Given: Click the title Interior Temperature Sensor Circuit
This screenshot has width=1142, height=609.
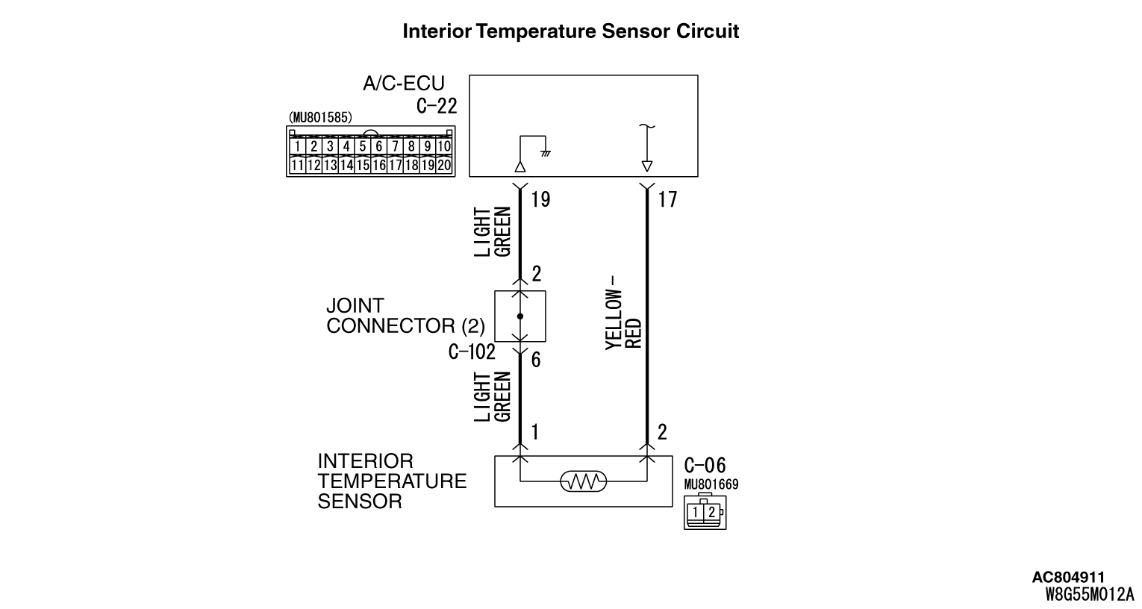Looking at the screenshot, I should coord(570,31).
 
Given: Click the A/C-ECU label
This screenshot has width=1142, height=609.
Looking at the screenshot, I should coord(404,84).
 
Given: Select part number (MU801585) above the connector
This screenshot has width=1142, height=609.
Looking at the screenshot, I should coord(320,118).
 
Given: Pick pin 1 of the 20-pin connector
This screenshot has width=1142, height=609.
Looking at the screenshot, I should coord(298,147).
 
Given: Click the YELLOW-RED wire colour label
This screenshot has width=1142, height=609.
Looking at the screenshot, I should coord(623,319).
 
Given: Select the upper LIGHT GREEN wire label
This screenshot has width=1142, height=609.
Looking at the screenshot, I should coord(493,232).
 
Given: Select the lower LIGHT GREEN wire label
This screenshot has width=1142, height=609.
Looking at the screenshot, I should coord(493,396).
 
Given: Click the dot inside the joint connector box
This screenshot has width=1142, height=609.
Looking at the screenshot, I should coord(520,316).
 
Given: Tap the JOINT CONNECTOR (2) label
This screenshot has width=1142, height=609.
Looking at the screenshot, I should coord(405,316).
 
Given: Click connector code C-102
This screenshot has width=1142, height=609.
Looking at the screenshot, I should coord(472,352).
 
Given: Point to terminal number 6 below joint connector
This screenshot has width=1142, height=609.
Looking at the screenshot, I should coord(535,360).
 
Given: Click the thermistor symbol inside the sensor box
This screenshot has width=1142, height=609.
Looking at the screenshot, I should coord(583,482).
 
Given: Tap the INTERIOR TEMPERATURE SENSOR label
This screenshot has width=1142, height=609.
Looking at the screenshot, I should coord(391,481).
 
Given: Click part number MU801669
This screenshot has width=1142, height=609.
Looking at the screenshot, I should coord(711,484).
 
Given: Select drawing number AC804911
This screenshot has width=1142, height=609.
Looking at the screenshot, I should coord(1068,577).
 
